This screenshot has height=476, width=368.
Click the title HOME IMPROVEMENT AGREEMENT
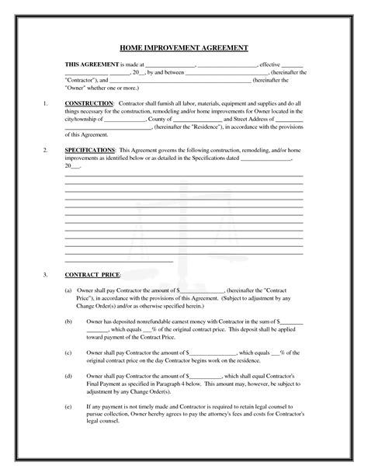coord(185,47)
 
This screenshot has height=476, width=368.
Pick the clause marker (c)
coord(68,350)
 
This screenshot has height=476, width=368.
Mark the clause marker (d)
coord(68,375)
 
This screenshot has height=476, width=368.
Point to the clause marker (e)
coord(68,405)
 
